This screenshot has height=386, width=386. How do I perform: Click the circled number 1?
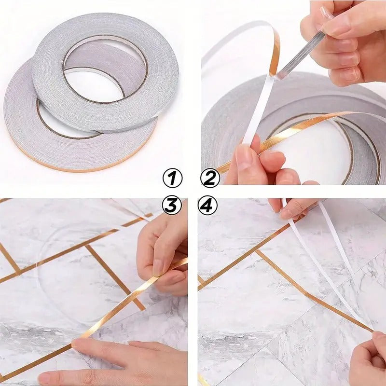[172, 179]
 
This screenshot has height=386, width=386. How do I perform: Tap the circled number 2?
[210, 179]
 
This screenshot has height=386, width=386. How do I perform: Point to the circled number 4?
[207, 206]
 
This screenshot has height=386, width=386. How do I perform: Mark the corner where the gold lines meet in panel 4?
[256, 251]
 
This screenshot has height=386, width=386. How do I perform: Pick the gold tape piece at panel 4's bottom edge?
[203, 379]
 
